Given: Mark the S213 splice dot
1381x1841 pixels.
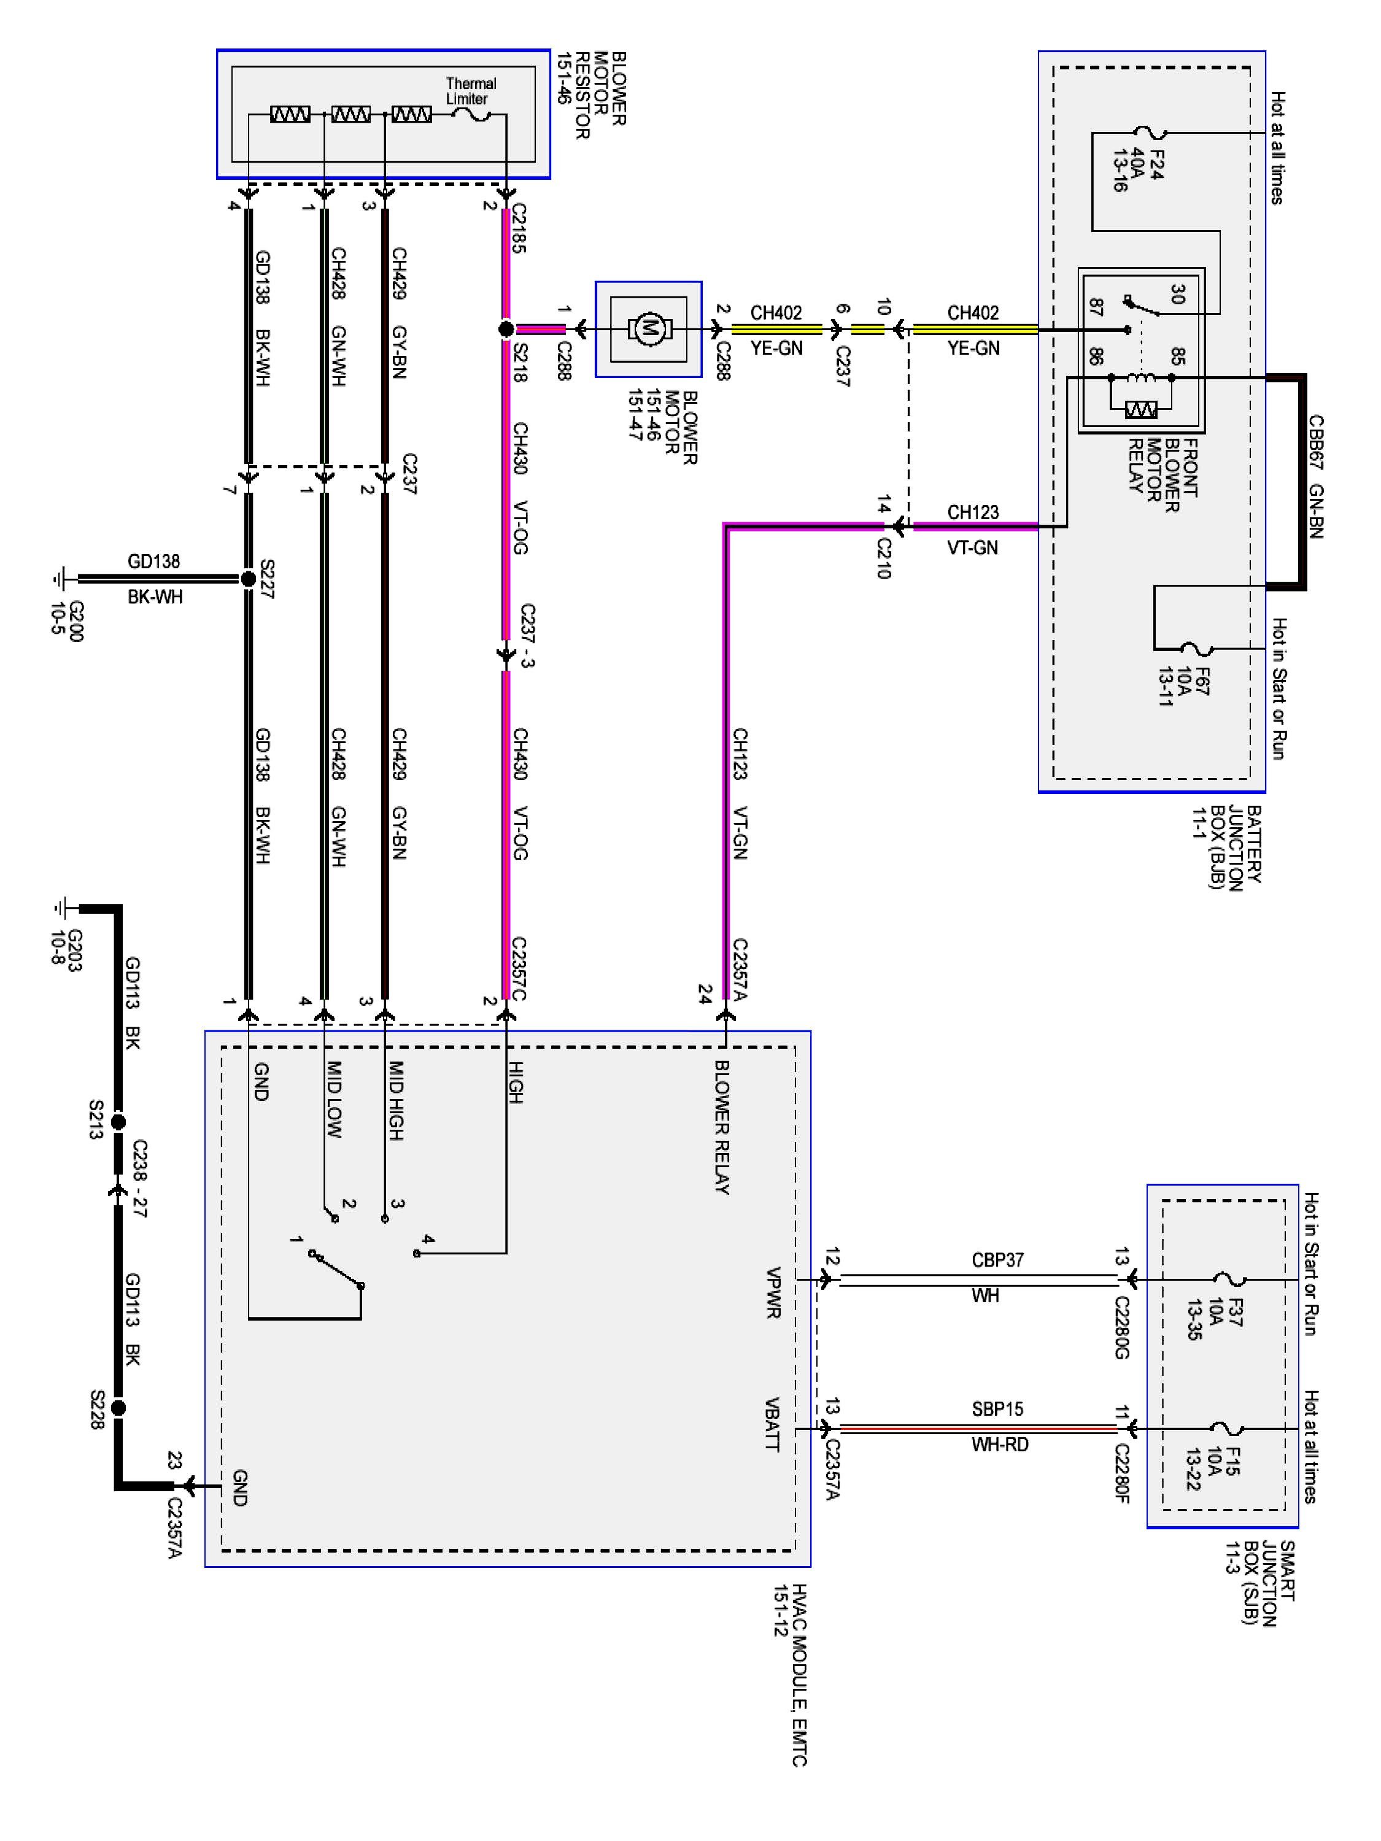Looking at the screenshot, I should click(118, 1122).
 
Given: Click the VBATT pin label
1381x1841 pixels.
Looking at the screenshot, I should click(772, 1424).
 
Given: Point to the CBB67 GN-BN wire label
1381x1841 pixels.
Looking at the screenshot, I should click(1315, 476).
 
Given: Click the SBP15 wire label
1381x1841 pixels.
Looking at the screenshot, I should click(996, 1409).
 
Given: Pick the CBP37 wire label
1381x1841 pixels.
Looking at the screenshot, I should click(996, 1260).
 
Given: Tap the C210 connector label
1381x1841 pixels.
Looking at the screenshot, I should click(884, 558).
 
